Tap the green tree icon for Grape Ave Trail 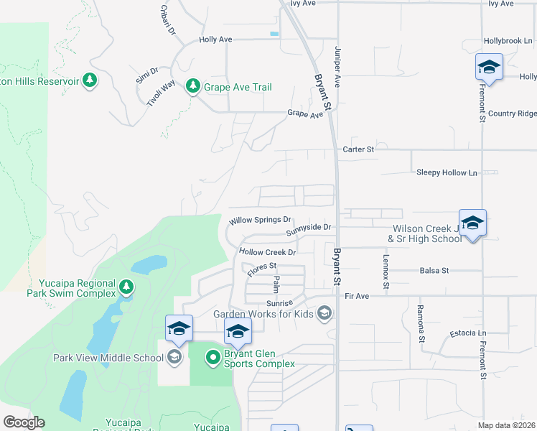(192, 87)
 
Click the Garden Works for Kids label (265, 313)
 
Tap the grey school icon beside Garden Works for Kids (325, 312)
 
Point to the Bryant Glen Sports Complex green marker (213, 356)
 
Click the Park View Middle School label (107, 357)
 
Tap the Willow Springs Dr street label (260, 221)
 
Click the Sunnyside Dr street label (309, 229)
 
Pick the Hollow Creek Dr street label (268, 253)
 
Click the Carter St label (358, 149)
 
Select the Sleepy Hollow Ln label (447, 173)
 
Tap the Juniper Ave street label (337, 68)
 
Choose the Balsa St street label (434, 271)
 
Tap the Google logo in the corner (24, 422)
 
